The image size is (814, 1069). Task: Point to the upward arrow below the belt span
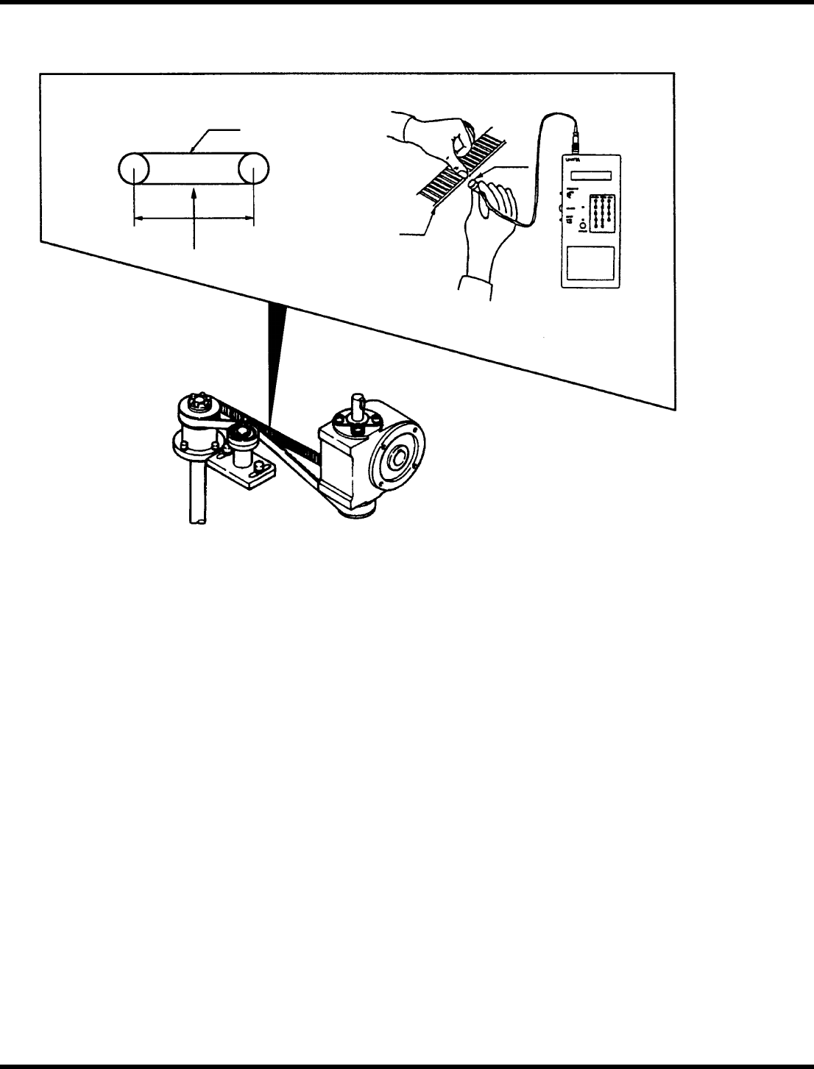click(x=194, y=213)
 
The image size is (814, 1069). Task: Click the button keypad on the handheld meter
click(x=603, y=214)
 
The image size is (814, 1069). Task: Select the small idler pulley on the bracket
click(x=240, y=438)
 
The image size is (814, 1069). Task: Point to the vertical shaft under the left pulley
click(x=196, y=493)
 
